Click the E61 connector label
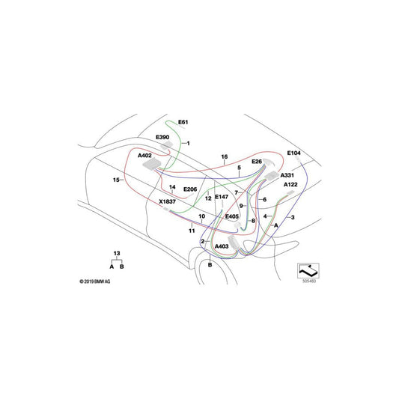pyautogui.click(x=183, y=121)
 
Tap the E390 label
pyautogui.click(x=163, y=138)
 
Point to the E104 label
pyautogui.click(x=294, y=153)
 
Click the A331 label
pyautogui.click(x=287, y=174)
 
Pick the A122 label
pyautogui.click(x=291, y=184)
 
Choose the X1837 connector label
pyautogui.click(x=168, y=202)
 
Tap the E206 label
pyautogui.click(x=190, y=190)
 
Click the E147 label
pyautogui.click(x=222, y=197)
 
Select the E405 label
pyautogui.click(x=233, y=216)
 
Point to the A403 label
pyautogui.click(x=222, y=246)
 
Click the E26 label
pyautogui.click(x=257, y=162)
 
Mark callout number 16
pyautogui.click(x=223, y=156)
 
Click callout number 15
pyautogui.click(x=117, y=180)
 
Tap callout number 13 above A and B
pyautogui.click(x=116, y=254)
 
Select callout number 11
pyautogui.click(x=191, y=231)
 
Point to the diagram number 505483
pyautogui.click(x=309, y=283)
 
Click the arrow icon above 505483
pyautogui.click(x=309, y=269)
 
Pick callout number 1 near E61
pyautogui.click(x=189, y=143)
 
